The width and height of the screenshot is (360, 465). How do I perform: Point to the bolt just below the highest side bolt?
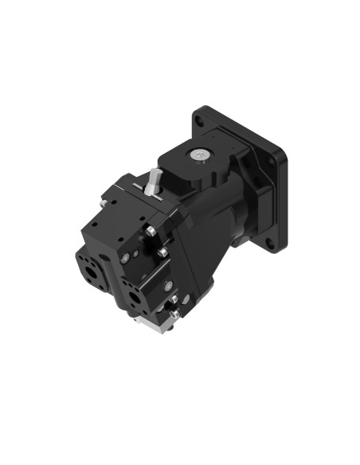162,252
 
